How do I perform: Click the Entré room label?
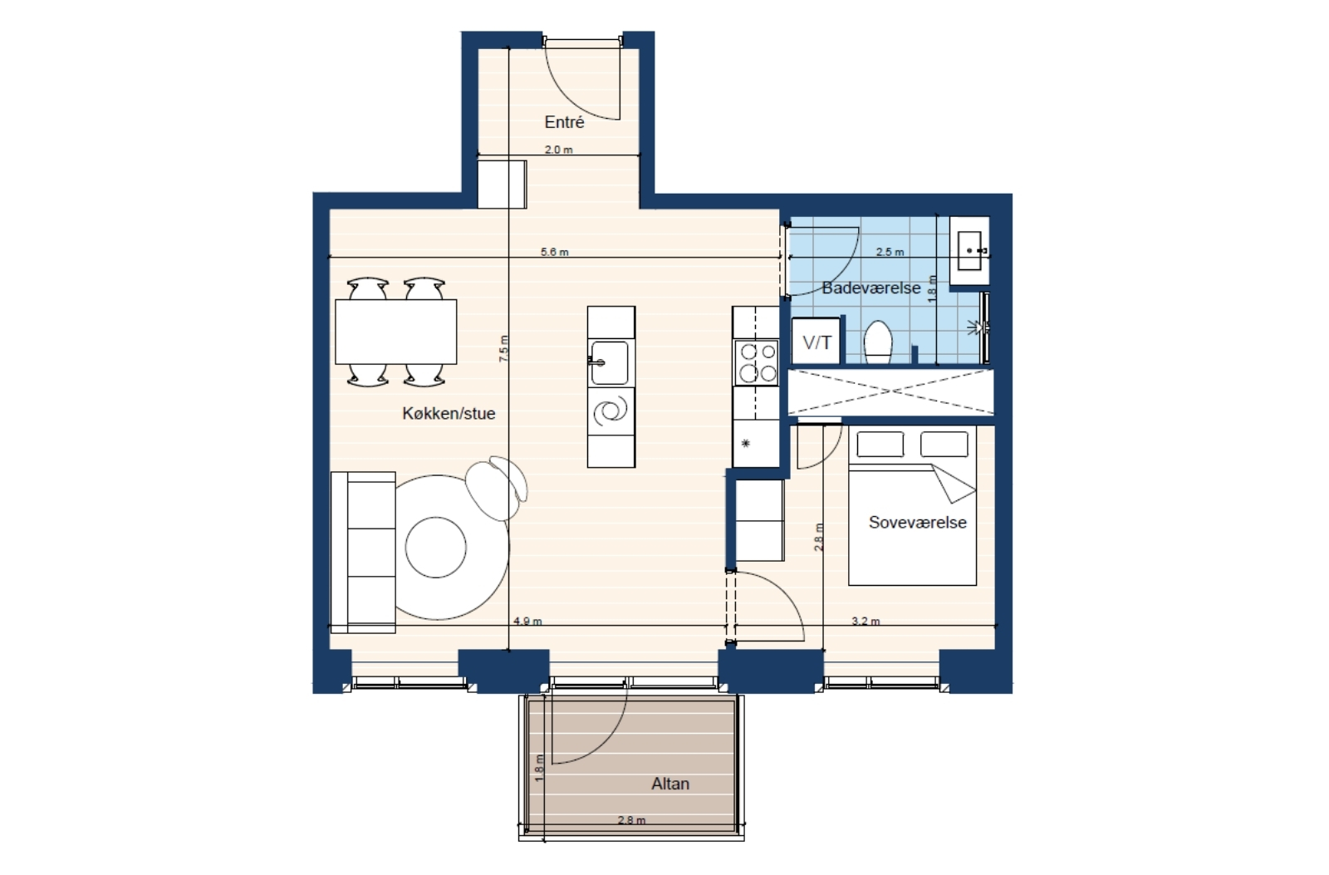point(564,122)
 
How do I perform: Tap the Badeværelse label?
point(871,288)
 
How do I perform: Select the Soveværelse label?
point(917,523)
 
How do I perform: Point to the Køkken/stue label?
point(449,414)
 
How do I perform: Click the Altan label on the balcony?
point(670,784)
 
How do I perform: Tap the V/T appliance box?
point(817,342)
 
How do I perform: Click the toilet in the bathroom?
point(878,342)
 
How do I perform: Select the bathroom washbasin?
point(969,250)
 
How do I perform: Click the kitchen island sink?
point(609,362)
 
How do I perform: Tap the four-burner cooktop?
point(756,362)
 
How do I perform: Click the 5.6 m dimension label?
point(555,253)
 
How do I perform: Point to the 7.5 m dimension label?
point(503,349)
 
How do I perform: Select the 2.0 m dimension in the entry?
point(559,150)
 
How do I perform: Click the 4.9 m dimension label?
point(527,622)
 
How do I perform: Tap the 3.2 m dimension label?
point(866,622)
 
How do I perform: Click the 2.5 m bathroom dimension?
point(890,253)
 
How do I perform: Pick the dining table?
point(395,332)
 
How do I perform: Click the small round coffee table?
point(436,548)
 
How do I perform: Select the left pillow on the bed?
point(880,445)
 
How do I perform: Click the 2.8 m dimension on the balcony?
point(631,820)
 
